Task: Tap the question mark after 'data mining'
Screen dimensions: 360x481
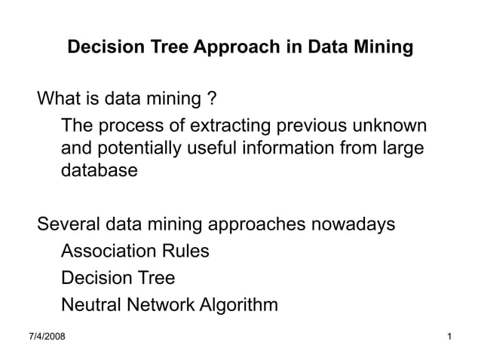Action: (213, 99)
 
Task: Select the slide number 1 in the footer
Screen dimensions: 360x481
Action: (449, 334)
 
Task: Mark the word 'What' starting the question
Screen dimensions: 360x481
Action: (57, 99)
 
